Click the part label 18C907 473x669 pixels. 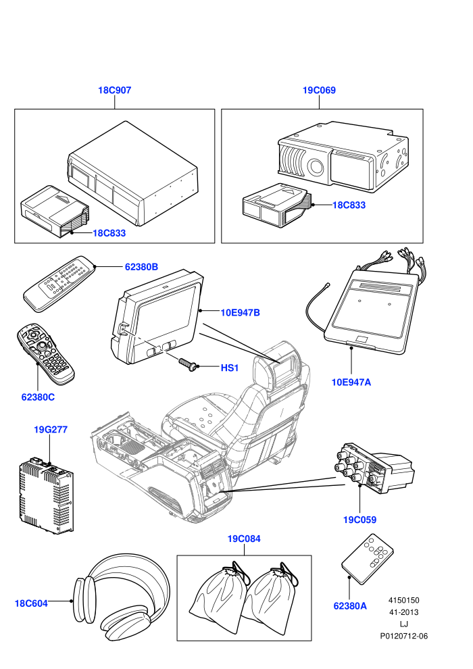pos(115,90)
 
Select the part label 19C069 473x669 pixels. pos(319,90)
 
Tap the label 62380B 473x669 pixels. pos(141,267)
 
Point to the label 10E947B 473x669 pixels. pos(240,313)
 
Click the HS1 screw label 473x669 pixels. pos(230,368)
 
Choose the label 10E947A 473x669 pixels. pos(351,382)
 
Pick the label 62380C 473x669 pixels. pos(38,397)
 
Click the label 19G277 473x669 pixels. pos(51,430)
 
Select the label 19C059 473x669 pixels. pos(360,520)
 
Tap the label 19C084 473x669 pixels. pos(244,539)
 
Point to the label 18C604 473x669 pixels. pos(31,603)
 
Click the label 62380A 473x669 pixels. pos(350,606)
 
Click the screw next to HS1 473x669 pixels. pos(188,364)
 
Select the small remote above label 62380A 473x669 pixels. pos(367,558)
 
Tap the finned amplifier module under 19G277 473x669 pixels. pos(46,495)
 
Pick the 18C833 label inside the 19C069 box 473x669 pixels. pos(349,205)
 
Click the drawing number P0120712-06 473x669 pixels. pos(404,636)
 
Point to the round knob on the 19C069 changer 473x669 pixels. pos(316,167)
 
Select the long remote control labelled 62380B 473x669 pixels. pos(59,283)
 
